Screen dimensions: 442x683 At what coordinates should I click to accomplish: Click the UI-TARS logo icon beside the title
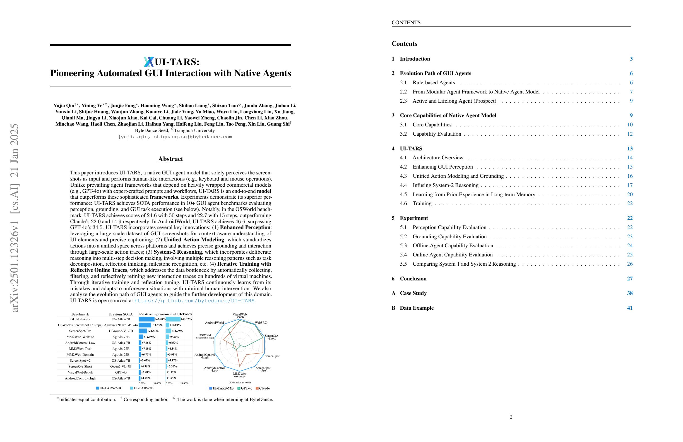click(x=149, y=62)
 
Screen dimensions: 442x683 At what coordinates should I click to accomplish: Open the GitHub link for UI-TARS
click(x=194, y=301)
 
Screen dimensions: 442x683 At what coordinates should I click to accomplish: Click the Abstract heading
click(x=170, y=159)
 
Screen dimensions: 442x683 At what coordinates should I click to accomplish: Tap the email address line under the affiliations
click(x=175, y=137)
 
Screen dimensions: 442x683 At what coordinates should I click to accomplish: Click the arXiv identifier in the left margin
click(x=14, y=218)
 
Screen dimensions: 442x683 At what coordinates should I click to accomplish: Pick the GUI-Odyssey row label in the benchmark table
click(x=80, y=319)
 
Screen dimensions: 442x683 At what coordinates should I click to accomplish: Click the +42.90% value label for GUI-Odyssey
click(x=160, y=319)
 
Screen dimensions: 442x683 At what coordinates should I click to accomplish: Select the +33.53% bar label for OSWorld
click(x=157, y=325)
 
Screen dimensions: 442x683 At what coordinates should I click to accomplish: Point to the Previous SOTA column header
click(x=121, y=314)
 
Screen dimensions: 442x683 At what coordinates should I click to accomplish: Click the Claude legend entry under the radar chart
click(x=264, y=388)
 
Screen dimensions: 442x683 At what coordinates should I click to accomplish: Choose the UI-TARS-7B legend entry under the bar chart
click(x=143, y=388)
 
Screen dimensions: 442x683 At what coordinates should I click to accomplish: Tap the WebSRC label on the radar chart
click(x=261, y=323)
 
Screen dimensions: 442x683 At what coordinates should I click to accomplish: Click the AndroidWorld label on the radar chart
click(x=214, y=323)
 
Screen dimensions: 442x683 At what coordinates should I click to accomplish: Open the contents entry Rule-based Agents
click(x=433, y=83)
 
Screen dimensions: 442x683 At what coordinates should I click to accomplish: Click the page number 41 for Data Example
click(x=630, y=308)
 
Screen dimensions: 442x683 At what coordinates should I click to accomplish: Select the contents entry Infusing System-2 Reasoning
click(x=445, y=185)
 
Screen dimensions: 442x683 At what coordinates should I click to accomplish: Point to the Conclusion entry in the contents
click(x=413, y=279)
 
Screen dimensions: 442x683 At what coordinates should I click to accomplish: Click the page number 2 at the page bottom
click(x=511, y=417)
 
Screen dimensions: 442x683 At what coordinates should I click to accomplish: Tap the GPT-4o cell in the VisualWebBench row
click(x=121, y=372)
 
